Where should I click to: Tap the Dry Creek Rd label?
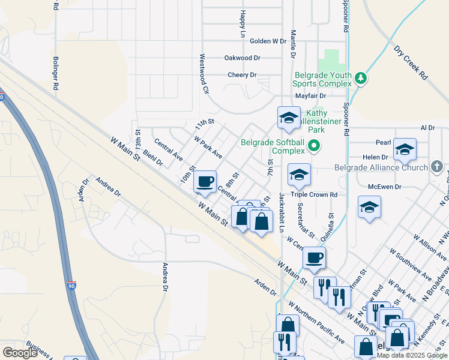click(411, 63)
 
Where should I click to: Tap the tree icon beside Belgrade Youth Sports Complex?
click(360, 78)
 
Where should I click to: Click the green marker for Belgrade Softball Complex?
click(313, 146)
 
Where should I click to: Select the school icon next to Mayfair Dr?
click(289, 117)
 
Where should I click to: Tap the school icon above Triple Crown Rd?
click(299, 174)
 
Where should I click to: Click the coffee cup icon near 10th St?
click(205, 181)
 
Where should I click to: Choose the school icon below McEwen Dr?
click(369, 208)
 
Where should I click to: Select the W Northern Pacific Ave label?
click(315, 322)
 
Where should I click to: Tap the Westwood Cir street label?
click(205, 75)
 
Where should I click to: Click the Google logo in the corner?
click(20, 352)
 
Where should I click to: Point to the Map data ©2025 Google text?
click(412, 355)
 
